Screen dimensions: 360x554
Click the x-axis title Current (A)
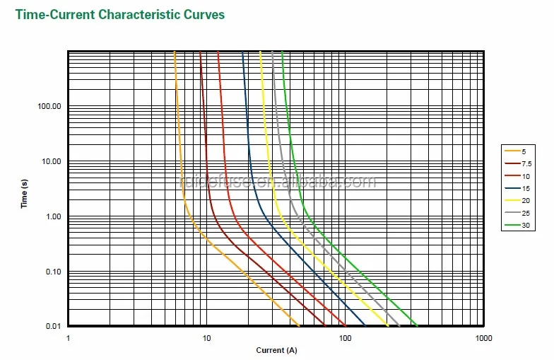[276, 350]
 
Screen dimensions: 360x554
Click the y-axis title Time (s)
[25, 193]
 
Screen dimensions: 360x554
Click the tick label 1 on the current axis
[69, 338]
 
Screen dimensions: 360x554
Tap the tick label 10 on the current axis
[206, 338]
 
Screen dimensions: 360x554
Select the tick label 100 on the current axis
[345, 338]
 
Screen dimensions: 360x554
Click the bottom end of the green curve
[418, 326]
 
